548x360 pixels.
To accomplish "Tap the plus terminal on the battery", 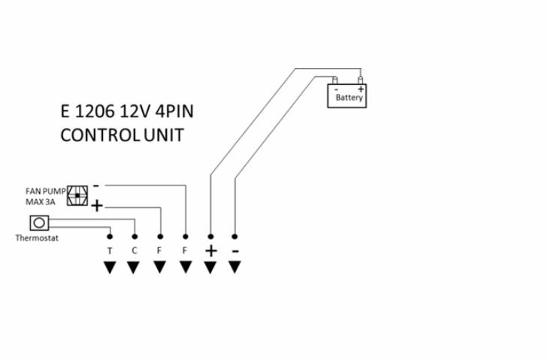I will click(x=361, y=79).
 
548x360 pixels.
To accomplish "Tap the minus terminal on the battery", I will click(x=336, y=79).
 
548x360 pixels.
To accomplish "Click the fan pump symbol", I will click(x=78, y=196).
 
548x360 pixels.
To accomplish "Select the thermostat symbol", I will click(x=39, y=222).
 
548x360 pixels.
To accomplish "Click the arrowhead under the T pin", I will click(x=110, y=267).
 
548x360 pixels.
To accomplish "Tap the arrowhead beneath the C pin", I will click(x=134, y=267).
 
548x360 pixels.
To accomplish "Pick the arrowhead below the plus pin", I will click(x=210, y=267).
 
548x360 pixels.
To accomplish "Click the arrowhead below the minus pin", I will click(x=235, y=267).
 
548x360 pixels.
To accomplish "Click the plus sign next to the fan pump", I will click(x=97, y=206).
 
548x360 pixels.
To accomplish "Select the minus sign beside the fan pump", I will click(x=96, y=185).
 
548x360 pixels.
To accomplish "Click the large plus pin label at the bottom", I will click(x=210, y=250).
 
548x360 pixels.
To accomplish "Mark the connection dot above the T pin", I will click(x=110, y=236).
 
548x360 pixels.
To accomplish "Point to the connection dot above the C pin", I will click(x=134, y=236).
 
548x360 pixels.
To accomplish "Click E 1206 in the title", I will click(x=87, y=113).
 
